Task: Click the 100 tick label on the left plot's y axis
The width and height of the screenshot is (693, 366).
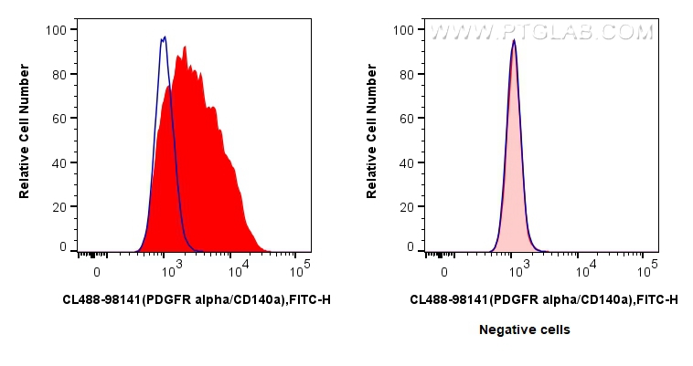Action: [x=57, y=29]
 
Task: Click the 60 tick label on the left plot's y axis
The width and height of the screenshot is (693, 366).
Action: [x=60, y=118]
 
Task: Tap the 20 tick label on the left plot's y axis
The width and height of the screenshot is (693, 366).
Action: [x=60, y=206]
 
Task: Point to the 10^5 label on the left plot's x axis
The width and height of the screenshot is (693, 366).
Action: [x=299, y=271]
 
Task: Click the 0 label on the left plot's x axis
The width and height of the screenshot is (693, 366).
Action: [x=97, y=272]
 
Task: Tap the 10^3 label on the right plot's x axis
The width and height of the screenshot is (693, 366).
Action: [x=517, y=271]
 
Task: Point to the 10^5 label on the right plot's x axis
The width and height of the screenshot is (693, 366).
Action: [x=646, y=271]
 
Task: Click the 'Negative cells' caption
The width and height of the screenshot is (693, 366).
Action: [x=525, y=329]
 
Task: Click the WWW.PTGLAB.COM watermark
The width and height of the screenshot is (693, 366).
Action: [x=542, y=32]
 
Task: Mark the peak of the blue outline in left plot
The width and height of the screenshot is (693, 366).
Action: [x=164, y=37]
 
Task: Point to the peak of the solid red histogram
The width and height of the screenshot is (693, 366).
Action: [x=184, y=47]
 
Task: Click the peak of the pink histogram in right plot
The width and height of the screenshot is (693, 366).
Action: [x=515, y=40]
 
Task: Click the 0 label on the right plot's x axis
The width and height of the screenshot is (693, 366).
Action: [x=444, y=272]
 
